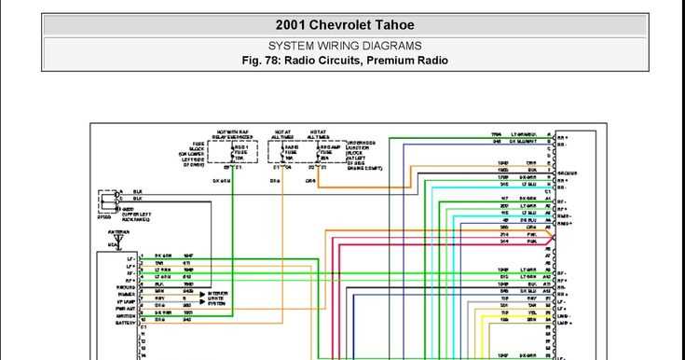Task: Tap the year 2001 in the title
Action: pyautogui.click(x=295, y=25)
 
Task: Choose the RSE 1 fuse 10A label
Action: pyautogui.click(x=241, y=152)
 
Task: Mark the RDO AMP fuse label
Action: pyautogui.click(x=328, y=152)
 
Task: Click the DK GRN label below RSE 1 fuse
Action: pyautogui.click(x=221, y=179)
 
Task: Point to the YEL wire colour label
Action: pyautogui.click(x=529, y=312)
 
